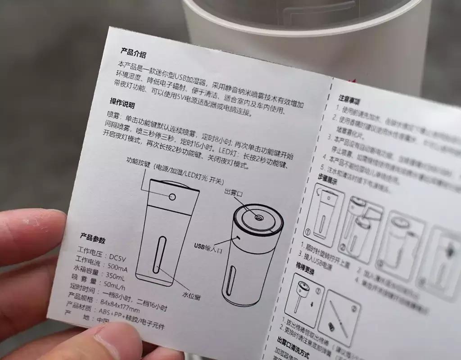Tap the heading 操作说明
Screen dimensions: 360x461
[122, 103]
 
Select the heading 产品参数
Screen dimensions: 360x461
[92, 238]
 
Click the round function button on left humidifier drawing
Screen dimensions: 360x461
[172, 197]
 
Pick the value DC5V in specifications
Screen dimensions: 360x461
[119, 256]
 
